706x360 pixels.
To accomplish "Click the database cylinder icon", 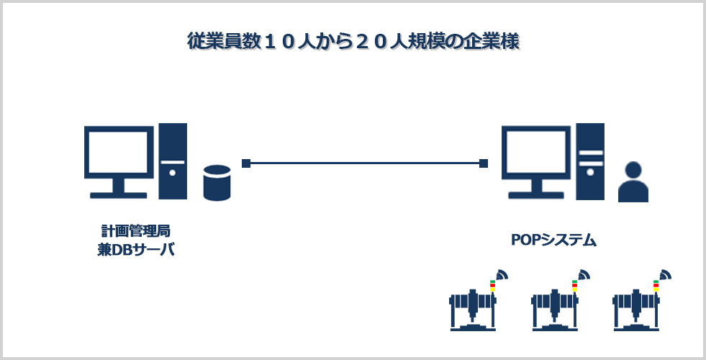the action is click(x=217, y=182).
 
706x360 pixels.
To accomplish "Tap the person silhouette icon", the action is click(x=633, y=182).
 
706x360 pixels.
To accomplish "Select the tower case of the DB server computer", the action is click(x=173, y=161).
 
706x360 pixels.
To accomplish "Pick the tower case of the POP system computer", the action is click(x=590, y=161).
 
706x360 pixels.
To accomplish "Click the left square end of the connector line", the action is click(x=246, y=163).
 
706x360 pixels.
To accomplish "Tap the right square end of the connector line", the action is click(x=484, y=163).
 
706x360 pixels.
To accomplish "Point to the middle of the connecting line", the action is click(x=365, y=163).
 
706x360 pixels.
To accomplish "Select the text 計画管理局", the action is click(x=135, y=232).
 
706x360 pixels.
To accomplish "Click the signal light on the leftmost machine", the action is click(x=492, y=286).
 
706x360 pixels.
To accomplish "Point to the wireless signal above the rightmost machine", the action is click(x=665, y=275).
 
